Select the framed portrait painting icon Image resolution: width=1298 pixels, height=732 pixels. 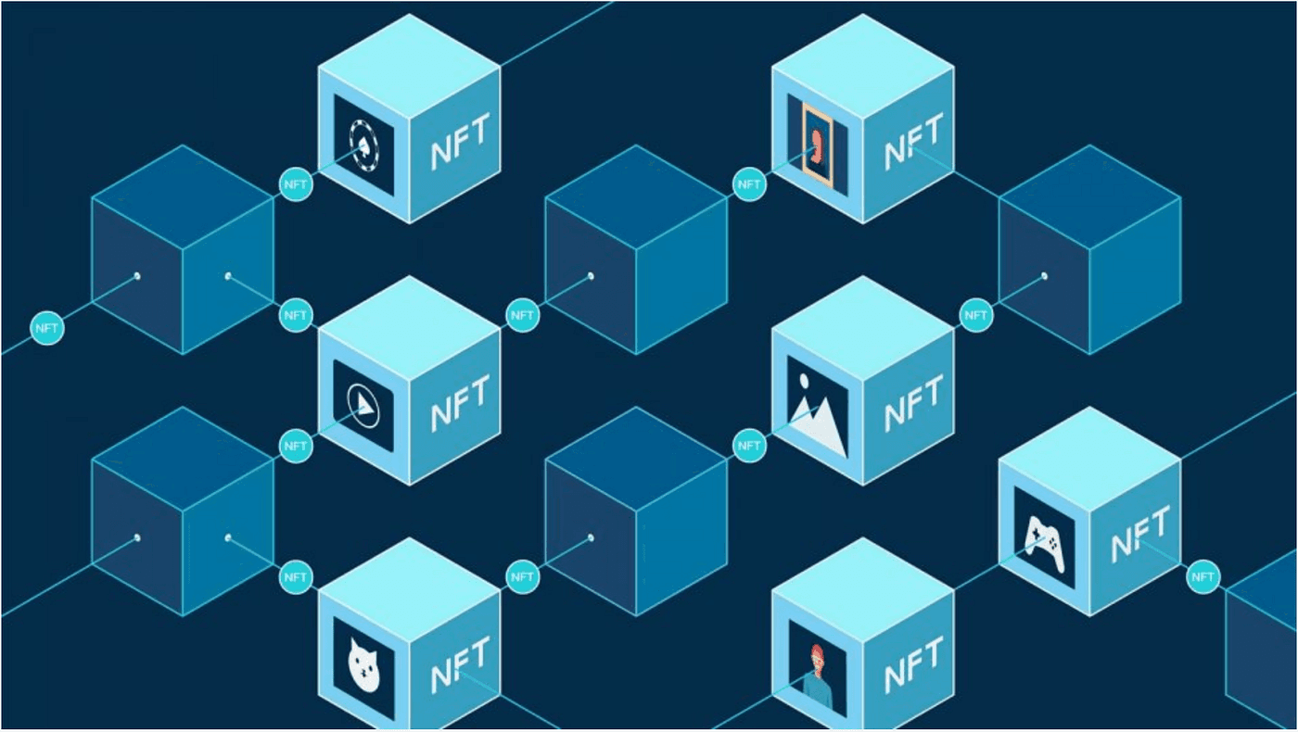click(x=817, y=144)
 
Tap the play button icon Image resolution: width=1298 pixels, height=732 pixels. click(x=363, y=405)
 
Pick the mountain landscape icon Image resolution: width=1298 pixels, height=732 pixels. click(x=817, y=408)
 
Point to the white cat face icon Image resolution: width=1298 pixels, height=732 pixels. click(x=363, y=664)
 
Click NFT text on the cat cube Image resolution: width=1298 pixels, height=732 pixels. click(x=459, y=668)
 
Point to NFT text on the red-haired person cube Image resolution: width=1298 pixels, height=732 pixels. click(x=912, y=668)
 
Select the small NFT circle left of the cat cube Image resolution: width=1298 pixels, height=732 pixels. click(x=296, y=577)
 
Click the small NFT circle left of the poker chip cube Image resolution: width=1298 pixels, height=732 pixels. click(x=296, y=184)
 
